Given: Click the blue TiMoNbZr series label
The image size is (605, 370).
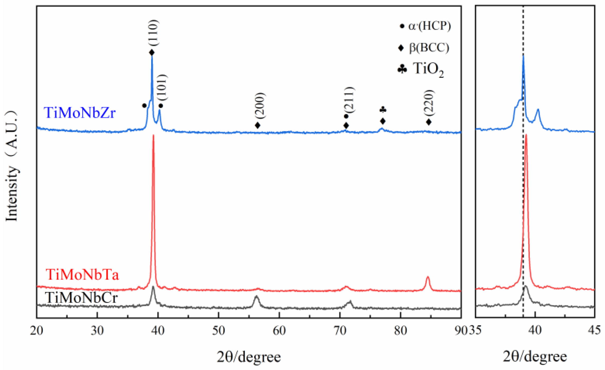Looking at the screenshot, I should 79,113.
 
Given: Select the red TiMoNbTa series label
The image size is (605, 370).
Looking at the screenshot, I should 82,275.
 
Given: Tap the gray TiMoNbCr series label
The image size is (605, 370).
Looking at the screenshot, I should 81,298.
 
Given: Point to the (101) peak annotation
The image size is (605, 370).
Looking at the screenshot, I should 162,87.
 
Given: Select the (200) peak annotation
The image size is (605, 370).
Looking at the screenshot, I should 259,105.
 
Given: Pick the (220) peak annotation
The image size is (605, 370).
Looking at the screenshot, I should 429,103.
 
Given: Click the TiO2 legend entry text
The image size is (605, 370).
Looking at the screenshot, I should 428,69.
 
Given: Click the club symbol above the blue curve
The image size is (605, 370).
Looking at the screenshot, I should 383,110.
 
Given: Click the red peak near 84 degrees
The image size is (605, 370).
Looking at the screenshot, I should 428,277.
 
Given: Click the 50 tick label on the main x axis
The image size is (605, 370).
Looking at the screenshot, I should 218,331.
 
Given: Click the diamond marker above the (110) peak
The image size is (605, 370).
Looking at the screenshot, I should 152,52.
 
